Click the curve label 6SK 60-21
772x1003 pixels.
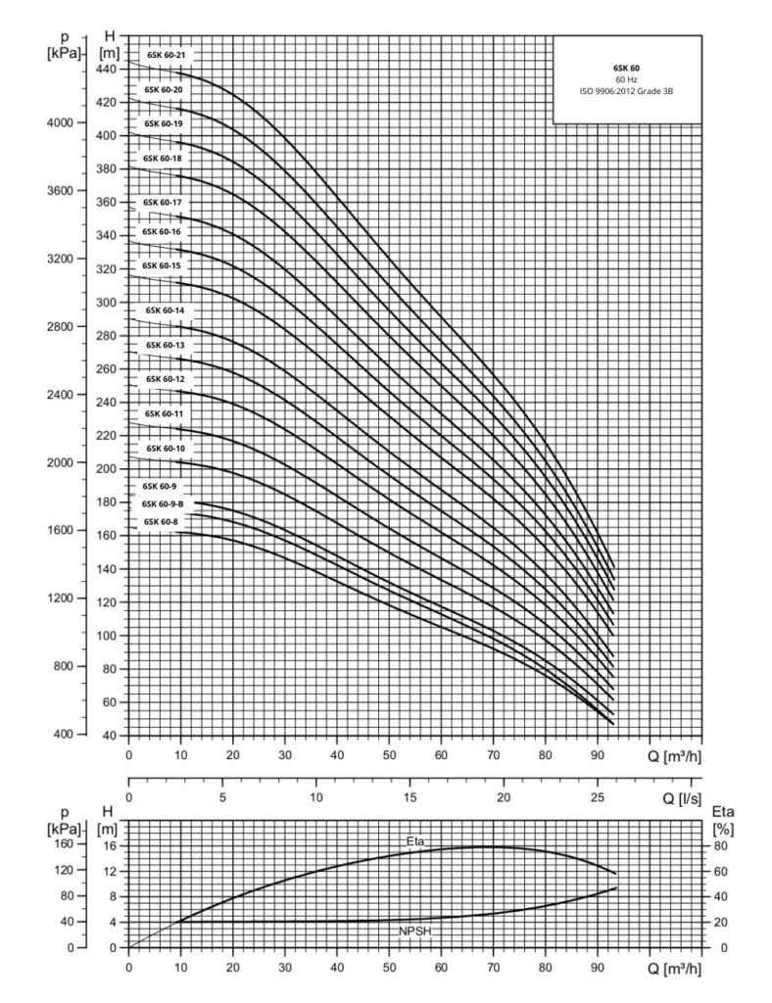click(x=165, y=55)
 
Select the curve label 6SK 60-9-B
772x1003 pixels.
click(x=165, y=503)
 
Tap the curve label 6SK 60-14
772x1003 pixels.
click(x=165, y=310)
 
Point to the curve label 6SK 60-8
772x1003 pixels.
click(x=162, y=522)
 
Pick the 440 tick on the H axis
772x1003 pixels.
click(x=107, y=69)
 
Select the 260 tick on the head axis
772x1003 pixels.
click(x=107, y=369)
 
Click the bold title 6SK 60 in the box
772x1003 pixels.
click(x=627, y=68)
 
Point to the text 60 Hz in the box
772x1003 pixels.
click(x=627, y=79)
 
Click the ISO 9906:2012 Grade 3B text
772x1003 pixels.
click(x=627, y=91)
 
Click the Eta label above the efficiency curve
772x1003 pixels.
click(x=415, y=841)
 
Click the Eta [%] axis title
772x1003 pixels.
click(x=722, y=820)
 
